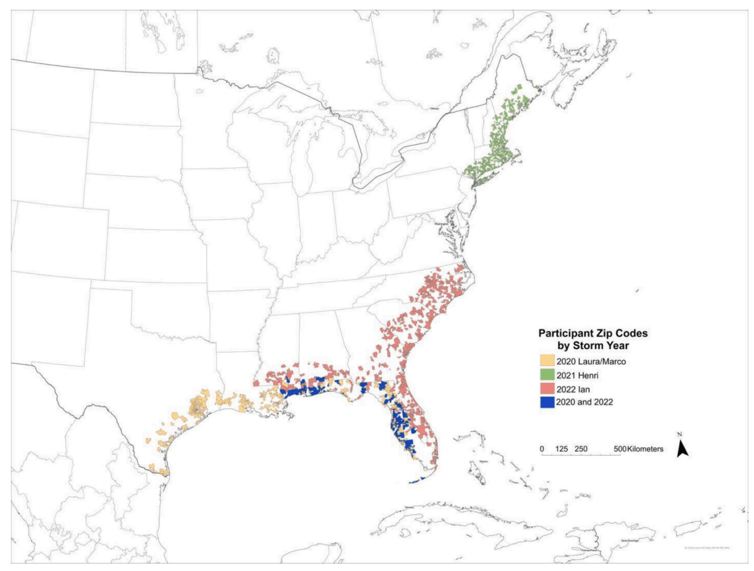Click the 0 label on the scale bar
[542, 449]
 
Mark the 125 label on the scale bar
[562, 449]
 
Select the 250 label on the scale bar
[582, 449]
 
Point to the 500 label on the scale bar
[619, 449]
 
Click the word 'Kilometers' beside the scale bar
[644, 449]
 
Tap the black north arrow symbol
[683, 448]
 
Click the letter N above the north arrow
[680, 435]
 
